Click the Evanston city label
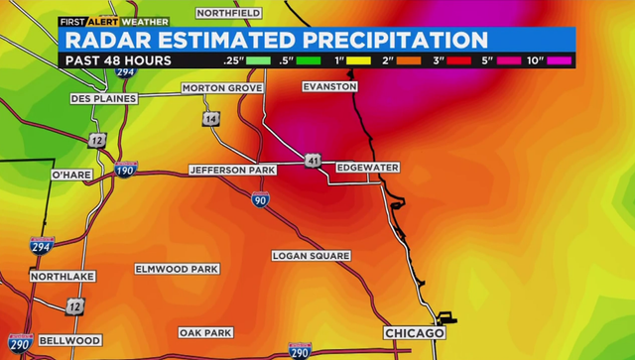pyautogui.click(x=329, y=87)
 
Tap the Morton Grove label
pyautogui.click(x=222, y=88)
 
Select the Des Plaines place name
pyautogui.click(x=102, y=99)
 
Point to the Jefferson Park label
pyautogui.click(x=232, y=171)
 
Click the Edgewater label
pyautogui.click(x=367, y=168)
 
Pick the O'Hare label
pyautogui.click(x=71, y=175)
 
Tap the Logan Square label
pyautogui.click(x=311, y=256)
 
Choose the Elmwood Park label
pyautogui.click(x=177, y=269)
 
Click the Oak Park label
pyautogui.click(x=205, y=332)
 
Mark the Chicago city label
pyautogui.click(x=414, y=333)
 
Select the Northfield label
pyautogui.click(x=229, y=13)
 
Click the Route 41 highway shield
pyautogui.click(x=313, y=159)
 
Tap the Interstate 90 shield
pyautogui.click(x=260, y=199)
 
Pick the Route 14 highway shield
pyautogui.click(x=211, y=119)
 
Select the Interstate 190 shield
pyautogui.click(x=125, y=170)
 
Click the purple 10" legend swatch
pyautogui.click(x=559, y=60)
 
